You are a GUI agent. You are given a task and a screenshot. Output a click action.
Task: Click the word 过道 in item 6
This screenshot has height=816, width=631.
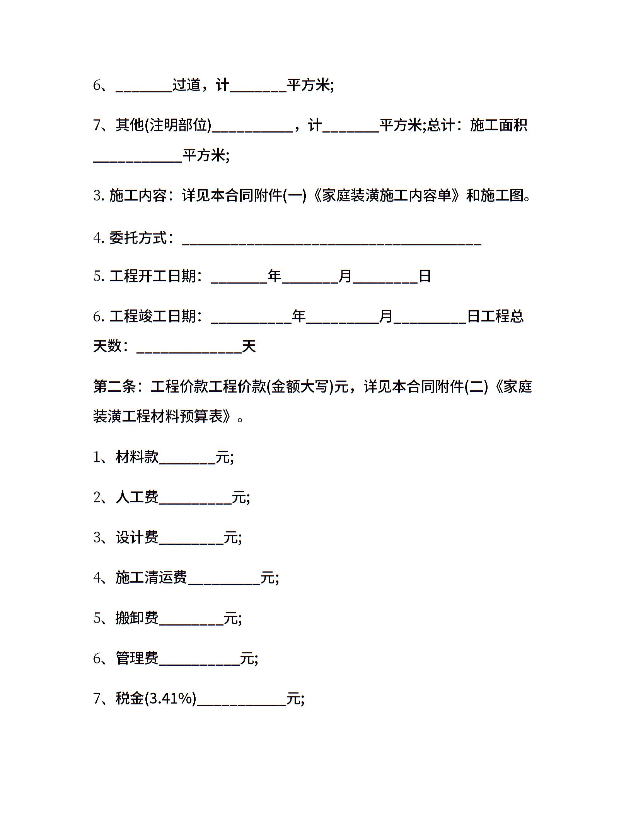tap(186, 85)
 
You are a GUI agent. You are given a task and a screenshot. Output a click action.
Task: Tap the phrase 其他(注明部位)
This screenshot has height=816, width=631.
tap(164, 125)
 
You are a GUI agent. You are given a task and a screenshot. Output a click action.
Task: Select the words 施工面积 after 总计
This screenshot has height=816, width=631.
tap(498, 125)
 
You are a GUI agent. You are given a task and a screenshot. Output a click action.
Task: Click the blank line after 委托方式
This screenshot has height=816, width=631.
tap(331, 241)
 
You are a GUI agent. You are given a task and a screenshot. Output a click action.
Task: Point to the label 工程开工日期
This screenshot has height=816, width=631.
tap(153, 276)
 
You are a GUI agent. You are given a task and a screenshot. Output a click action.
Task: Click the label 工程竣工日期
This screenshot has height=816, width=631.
tap(153, 316)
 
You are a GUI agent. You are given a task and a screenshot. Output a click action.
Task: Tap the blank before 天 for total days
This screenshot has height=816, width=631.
tap(189, 349)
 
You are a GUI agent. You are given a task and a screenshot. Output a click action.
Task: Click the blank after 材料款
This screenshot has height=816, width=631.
tap(187, 461)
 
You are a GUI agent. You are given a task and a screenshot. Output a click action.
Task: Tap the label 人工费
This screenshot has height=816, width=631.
tap(137, 497)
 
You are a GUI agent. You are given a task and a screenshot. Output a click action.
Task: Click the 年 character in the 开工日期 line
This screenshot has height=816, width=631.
tap(275, 276)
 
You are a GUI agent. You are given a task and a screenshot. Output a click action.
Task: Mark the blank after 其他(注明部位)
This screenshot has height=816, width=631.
tap(252, 129)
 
